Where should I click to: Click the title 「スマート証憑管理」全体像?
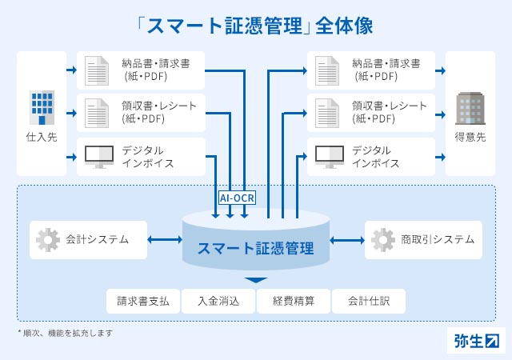[255, 25]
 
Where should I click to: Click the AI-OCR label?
[237, 197]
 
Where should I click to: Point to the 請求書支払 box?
[143, 302]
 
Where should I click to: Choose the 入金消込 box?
[218, 302]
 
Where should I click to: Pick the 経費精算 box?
[293, 302]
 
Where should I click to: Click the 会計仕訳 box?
[369, 302]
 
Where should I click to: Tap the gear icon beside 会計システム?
[48, 239]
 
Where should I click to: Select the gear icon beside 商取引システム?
[382, 239]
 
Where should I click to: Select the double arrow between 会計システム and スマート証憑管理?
[165, 239]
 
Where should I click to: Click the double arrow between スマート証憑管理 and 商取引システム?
[346, 239]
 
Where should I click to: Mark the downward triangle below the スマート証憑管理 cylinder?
[255, 280]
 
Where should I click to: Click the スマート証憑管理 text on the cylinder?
[255, 247]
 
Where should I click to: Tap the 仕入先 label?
[41, 136]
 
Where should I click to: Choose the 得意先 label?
[470, 136]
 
